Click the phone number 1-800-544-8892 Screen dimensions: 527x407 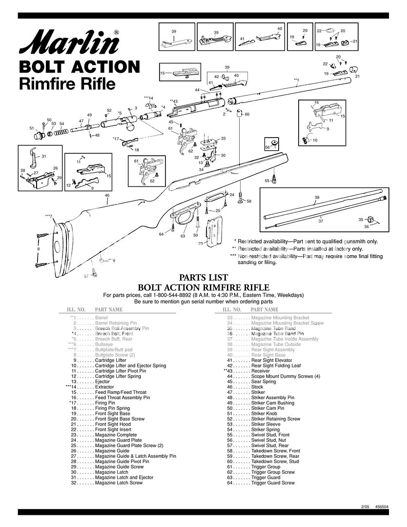click(181, 295)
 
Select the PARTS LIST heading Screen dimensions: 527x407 click(203, 277)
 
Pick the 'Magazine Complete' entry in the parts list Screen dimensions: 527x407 click(116, 435)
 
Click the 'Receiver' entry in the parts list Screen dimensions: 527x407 click(261, 371)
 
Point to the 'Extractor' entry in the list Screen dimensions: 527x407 click(104, 387)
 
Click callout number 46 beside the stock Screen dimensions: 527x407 click(107, 195)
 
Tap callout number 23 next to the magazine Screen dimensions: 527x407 click(200, 243)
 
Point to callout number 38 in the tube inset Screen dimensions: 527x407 click(317, 198)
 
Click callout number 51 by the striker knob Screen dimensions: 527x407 click(32, 128)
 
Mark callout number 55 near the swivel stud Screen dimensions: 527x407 click(267, 181)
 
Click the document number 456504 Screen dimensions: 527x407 click(382, 507)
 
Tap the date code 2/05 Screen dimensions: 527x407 click(365, 507)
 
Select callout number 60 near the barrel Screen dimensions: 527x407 click(247, 114)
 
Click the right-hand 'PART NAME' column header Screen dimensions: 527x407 click(264, 310)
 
